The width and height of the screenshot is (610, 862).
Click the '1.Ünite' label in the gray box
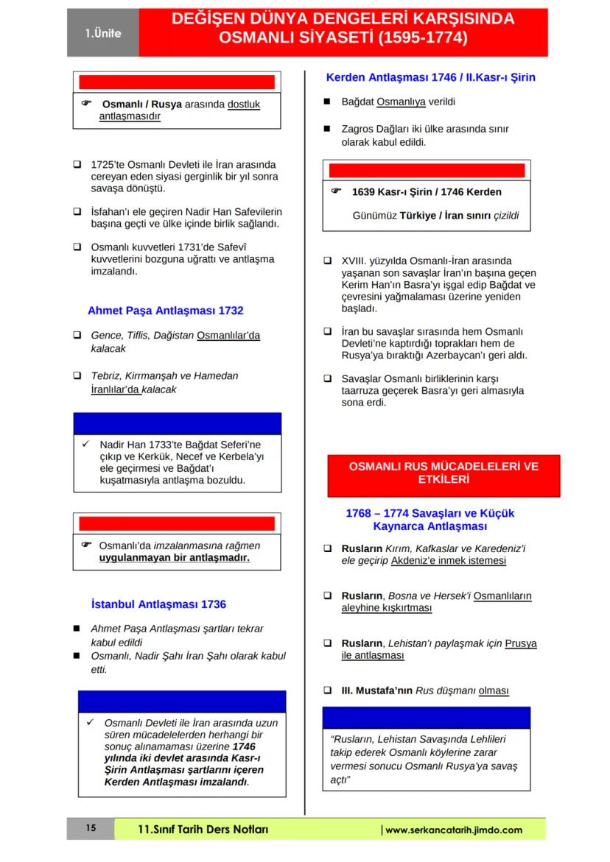point(102,33)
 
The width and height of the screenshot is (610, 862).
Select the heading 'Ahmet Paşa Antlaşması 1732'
point(165,311)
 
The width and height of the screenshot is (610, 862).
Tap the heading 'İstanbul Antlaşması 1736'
point(158,604)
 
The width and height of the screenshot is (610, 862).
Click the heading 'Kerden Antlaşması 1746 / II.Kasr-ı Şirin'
point(430,77)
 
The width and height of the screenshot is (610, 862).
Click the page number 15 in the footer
point(91,829)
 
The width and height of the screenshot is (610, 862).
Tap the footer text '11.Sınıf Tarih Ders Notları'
point(203,830)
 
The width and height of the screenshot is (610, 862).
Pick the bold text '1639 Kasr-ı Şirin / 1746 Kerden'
point(427,192)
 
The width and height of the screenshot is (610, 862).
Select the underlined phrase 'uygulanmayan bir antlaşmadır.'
point(175,558)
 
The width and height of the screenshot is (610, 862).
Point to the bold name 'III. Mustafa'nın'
point(377,691)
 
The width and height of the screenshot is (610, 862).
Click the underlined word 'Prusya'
point(521,643)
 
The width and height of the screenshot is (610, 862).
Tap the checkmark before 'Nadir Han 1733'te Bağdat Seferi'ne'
point(85,444)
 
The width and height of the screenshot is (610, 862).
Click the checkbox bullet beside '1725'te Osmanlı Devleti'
point(77,165)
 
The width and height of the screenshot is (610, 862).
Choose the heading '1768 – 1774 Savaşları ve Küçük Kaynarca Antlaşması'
point(430,520)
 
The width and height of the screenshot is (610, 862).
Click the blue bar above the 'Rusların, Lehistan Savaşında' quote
point(426,717)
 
